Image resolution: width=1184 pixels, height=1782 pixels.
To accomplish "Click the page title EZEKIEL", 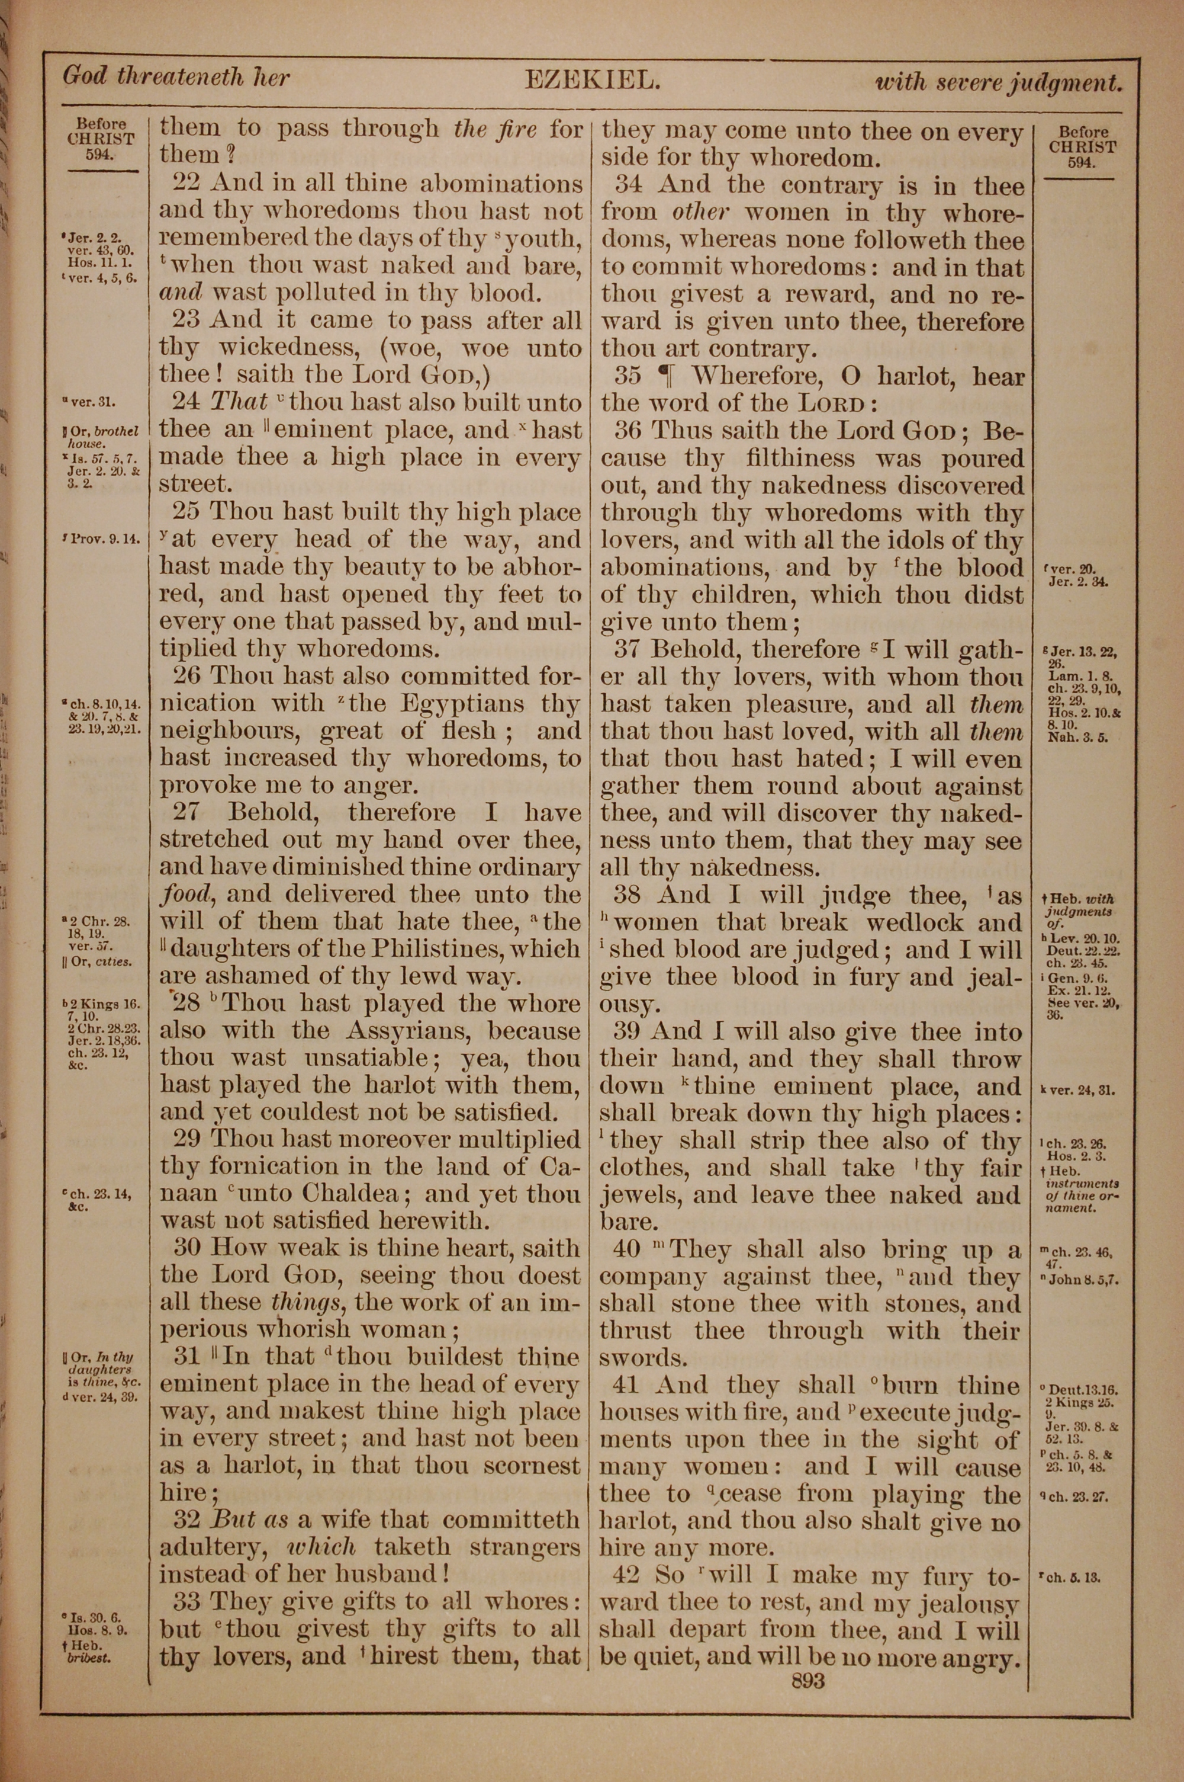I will pos(592,79).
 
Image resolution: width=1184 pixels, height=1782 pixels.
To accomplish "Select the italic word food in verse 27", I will pos(185,895).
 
